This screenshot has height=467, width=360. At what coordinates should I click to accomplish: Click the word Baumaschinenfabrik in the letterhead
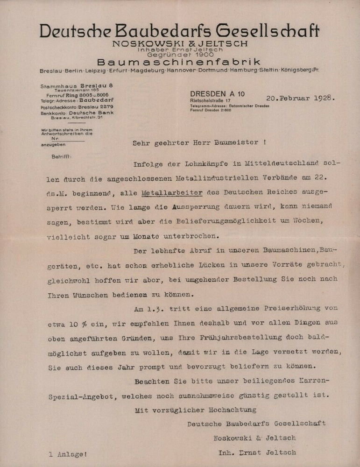click(179, 62)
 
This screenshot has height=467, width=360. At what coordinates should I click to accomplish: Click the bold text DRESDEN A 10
click(217, 94)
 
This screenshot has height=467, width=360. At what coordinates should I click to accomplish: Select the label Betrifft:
click(62, 157)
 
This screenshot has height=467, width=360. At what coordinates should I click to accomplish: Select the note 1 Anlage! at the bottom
click(68, 453)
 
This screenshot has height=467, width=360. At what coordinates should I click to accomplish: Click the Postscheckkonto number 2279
click(106, 106)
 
